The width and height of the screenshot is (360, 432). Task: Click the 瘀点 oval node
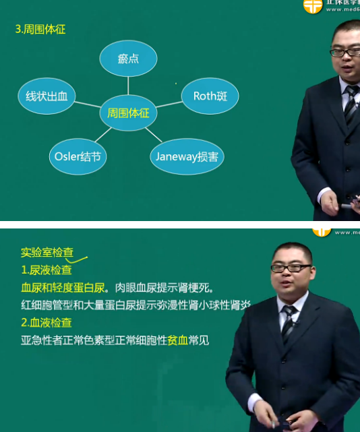tap(128, 59)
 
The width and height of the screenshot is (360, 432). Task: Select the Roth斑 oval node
tap(210, 96)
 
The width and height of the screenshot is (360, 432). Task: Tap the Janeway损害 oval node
tap(187, 156)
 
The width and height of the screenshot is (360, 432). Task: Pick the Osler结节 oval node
tap(78, 156)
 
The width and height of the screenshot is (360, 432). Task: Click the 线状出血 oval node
tap(47, 96)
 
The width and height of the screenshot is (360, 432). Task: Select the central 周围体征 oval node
tap(128, 113)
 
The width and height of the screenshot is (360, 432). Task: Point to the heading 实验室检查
tap(47, 253)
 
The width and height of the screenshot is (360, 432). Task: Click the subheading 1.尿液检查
tap(47, 270)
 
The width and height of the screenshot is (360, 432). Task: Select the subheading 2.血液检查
tap(47, 323)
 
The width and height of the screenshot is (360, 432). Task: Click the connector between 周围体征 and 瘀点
tap(128, 86)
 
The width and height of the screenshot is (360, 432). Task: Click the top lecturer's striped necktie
tap(351, 104)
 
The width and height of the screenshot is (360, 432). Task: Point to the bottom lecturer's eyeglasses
tap(291, 268)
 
